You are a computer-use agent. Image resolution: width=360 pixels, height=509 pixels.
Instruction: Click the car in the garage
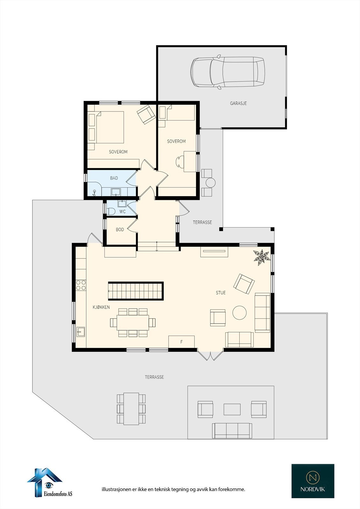(228, 72)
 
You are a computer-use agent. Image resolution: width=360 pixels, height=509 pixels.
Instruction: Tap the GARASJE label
(238, 103)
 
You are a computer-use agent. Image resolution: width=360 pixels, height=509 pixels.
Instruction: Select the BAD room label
(114, 178)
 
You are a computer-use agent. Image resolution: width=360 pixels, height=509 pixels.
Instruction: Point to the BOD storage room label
(120, 230)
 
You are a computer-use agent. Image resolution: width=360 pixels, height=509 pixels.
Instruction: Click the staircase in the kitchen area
(136, 291)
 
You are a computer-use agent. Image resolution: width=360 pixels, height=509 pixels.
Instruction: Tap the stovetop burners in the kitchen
(81, 285)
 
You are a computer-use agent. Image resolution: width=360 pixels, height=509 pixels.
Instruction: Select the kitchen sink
(81, 332)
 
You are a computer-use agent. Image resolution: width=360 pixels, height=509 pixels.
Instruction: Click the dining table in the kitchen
(133, 322)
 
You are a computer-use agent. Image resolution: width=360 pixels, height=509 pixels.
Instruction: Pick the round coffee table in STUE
(239, 313)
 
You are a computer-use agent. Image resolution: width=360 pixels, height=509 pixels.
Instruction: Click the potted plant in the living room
(261, 257)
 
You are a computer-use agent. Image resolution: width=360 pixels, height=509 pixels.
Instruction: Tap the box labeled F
(181, 342)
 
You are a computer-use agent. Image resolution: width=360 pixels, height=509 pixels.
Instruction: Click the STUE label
(221, 293)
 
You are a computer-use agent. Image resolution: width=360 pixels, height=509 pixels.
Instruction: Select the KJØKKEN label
(101, 307)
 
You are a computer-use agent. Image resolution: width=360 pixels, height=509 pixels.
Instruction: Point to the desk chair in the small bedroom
(180, 161)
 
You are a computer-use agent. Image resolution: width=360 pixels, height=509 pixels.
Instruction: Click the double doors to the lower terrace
(210, 355)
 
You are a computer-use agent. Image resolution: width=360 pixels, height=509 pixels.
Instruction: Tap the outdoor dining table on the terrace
(131, 408)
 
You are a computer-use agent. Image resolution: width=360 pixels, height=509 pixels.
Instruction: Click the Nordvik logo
(313, 481)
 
